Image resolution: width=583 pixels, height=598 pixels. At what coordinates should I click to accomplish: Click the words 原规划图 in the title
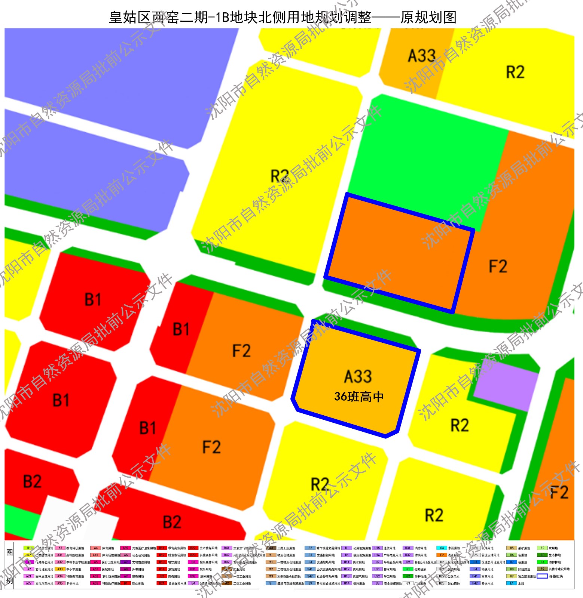[428, 17]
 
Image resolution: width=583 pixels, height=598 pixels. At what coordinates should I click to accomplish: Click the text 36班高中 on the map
[359, 397]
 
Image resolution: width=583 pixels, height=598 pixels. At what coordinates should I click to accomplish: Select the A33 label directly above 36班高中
[358, 376]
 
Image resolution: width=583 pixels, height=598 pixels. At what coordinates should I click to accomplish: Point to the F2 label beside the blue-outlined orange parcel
[498, 266]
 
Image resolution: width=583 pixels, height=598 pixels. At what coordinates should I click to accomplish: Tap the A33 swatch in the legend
[60, 569]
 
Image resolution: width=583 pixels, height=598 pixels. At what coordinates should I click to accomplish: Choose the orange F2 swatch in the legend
[442, 555]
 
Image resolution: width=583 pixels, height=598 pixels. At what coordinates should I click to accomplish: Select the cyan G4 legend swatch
[442, 548]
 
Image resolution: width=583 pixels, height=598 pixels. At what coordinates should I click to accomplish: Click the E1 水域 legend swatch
[512, 583]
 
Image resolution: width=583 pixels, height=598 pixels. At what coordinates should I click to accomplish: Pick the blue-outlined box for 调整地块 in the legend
[542, 576]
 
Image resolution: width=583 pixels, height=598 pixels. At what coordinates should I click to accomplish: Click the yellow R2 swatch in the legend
[29, 555]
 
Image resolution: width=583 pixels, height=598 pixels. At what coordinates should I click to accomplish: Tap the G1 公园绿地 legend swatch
[408, 569]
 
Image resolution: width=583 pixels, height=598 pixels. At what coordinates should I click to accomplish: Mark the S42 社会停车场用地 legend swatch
[310, 576]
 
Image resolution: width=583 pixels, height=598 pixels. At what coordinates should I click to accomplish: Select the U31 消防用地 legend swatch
[408, 548]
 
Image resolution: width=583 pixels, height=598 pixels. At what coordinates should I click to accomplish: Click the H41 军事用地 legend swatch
[475, 576]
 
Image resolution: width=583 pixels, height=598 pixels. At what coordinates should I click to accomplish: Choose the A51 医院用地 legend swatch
[95, 569]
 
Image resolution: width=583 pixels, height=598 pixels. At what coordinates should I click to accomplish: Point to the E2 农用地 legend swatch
[542, 548]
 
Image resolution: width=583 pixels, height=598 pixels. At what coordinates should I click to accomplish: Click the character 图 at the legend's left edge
[10, 553]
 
